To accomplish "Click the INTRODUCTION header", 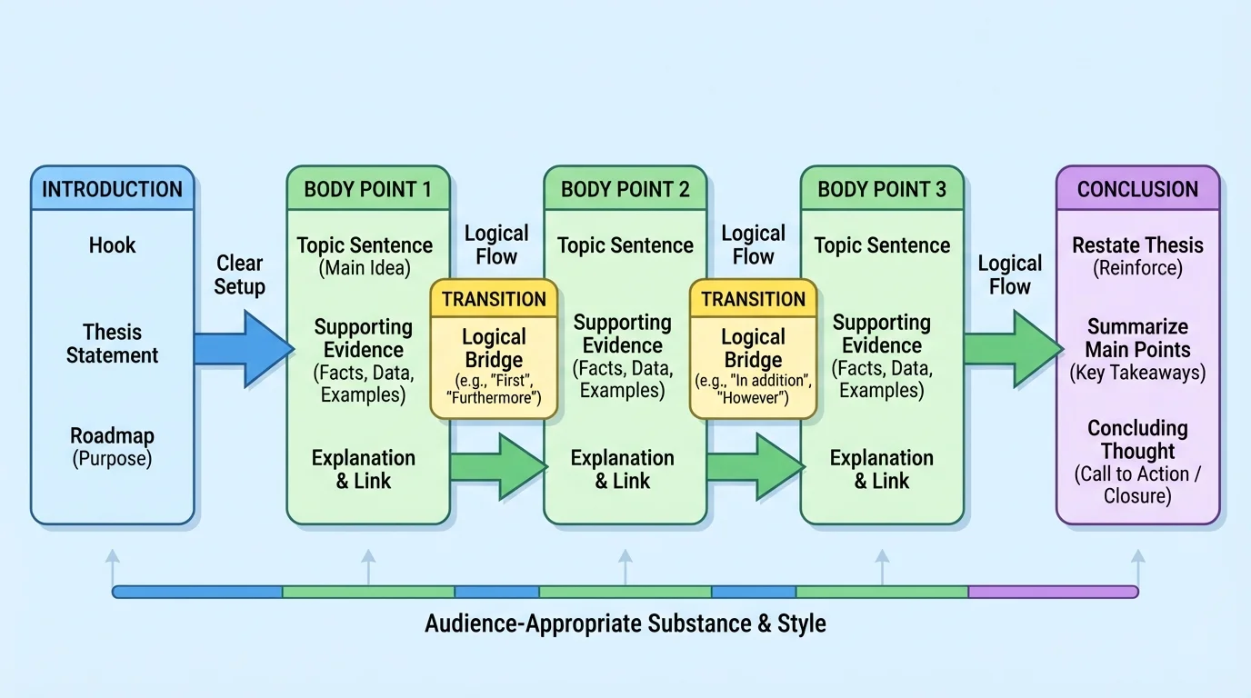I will click(x=112, y=189).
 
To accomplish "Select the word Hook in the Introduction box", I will click(x=112, y=244).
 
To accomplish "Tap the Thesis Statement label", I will click(x=112, y=344).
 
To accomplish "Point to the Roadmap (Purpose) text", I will click(x=112, y=447).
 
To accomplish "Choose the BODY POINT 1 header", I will click(x=368, y=189).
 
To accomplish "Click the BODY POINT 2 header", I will click(x=625, y=189).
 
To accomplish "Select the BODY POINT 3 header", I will click(x=881, y=189).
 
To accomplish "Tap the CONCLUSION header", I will click(x=1137, y=189).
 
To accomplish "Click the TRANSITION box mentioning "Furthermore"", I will click(x=494, y=350).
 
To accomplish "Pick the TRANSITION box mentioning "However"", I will click(x=753, y=350).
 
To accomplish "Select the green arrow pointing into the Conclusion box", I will click(x=1012, y=348).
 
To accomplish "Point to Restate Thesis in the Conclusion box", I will click(x=1137, y=255).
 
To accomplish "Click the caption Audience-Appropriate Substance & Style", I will click(x=625, y=624).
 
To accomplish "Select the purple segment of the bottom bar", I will click(x=1052, y=593).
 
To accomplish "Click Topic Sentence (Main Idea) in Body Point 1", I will click(x=365, y=255).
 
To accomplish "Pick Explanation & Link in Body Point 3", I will click(x=881, y=469).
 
